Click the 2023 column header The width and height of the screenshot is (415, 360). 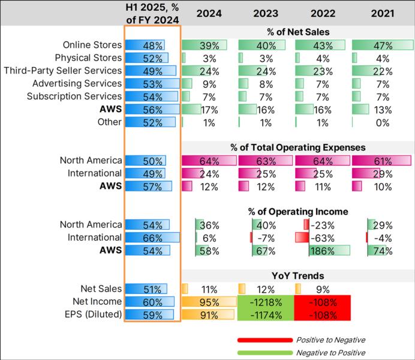(264, 13)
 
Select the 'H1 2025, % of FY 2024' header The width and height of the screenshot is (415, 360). (152, 13)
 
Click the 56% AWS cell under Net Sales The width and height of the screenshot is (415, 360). (152, 109)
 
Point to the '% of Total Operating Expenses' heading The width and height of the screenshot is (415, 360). (297, 147)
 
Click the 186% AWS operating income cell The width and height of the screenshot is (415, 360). (322, 251)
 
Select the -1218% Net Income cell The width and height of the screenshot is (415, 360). (265, 302)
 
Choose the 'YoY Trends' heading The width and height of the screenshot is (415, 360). (297, 276)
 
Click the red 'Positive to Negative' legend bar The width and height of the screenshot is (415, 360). (264, 340)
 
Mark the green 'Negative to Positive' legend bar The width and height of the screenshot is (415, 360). (264, 353)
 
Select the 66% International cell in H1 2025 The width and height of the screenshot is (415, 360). (152, 238)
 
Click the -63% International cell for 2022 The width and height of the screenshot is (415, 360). (322, 238)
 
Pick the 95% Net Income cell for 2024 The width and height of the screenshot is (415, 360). (208, 302)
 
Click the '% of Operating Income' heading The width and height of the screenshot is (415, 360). (297, 212)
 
